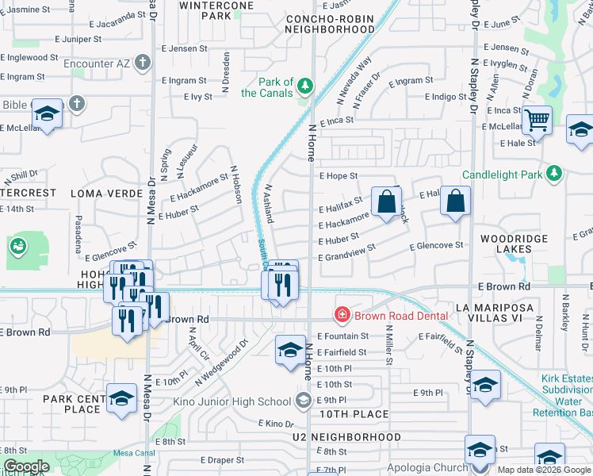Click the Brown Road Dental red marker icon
click(x=342, y=316)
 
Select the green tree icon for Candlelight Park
click(x=554, y=173)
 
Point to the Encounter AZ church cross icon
click(x=143, y=62)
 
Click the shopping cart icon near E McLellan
click(x=538, y=121)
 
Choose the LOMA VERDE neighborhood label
click(x=99, y=193)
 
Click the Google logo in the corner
click(x=25, y=466)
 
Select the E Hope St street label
click(x=339, y=176)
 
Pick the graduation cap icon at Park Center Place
click(x=121, y=400)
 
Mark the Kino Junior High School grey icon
click(x=302, y=401)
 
